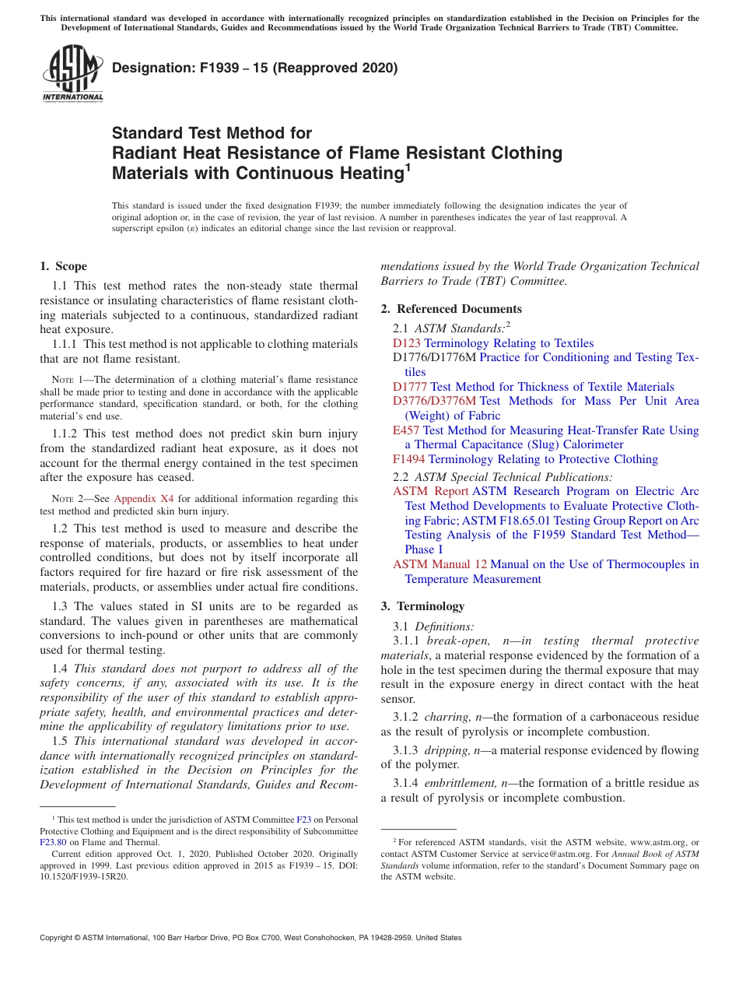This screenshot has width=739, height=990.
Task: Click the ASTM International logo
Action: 72,74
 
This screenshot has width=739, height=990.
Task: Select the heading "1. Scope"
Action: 63,266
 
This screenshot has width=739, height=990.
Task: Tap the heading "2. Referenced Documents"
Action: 451,309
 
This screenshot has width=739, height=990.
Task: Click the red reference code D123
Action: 407,343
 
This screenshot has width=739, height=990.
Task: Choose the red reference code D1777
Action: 410,387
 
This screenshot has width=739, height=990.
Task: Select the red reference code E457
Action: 407,430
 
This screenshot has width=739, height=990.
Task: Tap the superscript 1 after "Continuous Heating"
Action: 408,166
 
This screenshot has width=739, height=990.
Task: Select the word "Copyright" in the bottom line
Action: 59,938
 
